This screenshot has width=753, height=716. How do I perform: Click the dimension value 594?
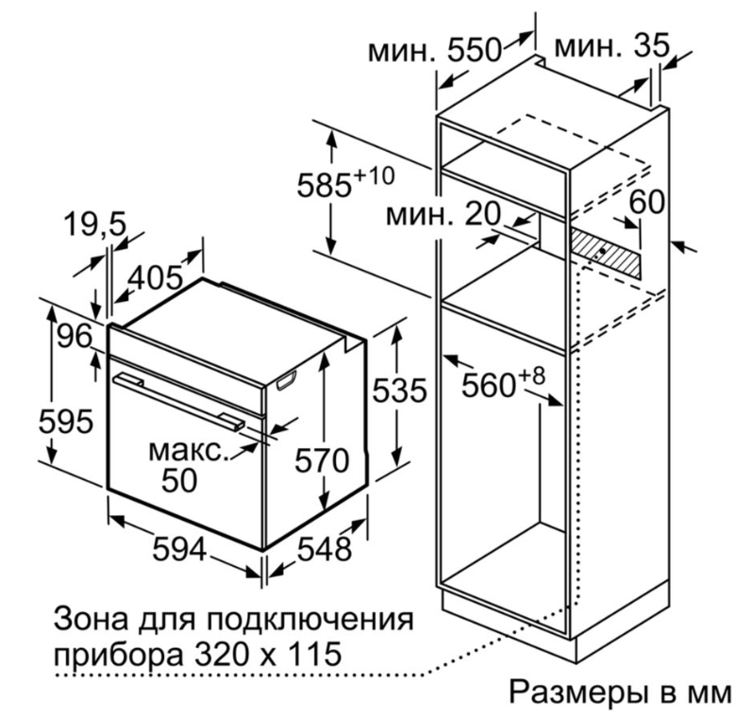[179, 549]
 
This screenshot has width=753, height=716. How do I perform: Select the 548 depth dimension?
[325, 549]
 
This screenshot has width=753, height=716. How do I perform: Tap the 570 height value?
[321, 460]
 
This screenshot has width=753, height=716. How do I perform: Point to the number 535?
[399, 390]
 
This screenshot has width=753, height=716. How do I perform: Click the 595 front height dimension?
[65, 422]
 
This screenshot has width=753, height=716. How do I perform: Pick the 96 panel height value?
[75, 336]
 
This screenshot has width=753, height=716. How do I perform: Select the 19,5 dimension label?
[94, 225]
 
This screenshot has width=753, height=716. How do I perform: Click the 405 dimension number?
[155, 277]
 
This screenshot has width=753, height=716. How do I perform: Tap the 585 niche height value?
[325, 185]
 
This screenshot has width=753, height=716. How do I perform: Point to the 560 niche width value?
[489, 385]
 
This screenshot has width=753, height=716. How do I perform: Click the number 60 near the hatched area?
[647, 201]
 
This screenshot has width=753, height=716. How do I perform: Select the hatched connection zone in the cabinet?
[605, 253]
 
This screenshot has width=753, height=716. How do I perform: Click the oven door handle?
[178, 400]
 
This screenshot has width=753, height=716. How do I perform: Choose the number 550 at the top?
[474, 49]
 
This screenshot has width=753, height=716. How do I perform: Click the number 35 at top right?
[652, 46]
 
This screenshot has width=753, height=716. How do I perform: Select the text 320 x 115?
[264, 654]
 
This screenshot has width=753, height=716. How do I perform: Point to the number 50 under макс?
[179, 479]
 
